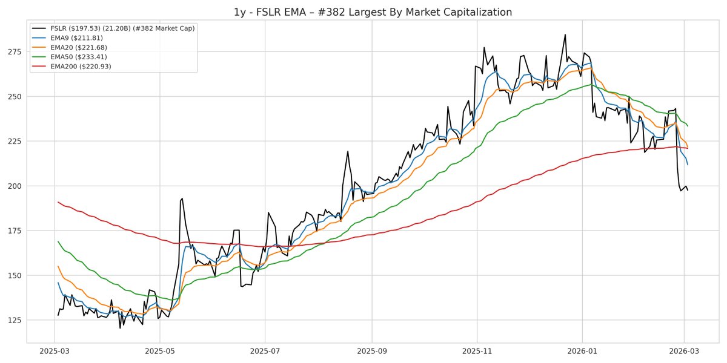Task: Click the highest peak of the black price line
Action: point(565,34)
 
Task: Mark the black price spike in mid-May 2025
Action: point(182,198)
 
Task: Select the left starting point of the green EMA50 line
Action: point(58,241)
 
